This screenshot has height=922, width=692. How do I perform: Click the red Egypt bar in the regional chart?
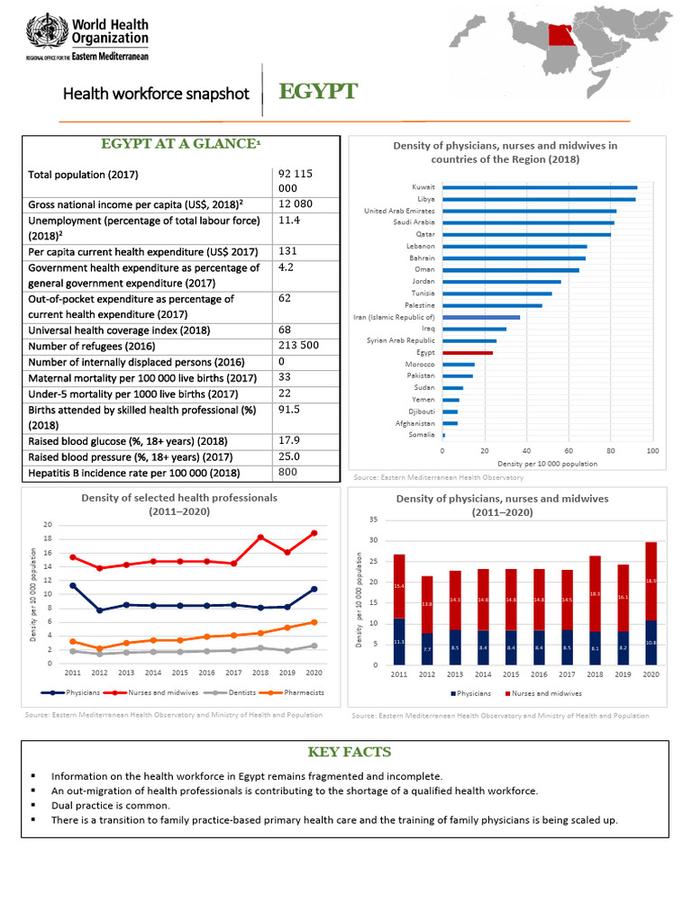coord(468,353)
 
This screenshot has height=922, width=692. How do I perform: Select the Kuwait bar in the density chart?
coord(540,187)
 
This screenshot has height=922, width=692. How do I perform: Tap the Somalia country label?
coord(422,435)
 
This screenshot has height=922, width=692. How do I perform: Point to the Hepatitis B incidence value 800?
coord(288,472)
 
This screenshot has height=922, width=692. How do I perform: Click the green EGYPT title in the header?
coord(318,93)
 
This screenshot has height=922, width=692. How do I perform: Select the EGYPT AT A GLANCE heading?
coord(180,142)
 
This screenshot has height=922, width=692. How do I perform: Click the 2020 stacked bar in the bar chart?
coord(651,603)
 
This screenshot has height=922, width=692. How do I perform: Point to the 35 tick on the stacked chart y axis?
coord(372,520)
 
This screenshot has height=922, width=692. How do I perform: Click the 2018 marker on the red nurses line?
coord(260,538)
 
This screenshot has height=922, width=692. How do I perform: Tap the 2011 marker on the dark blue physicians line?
coord(73,586)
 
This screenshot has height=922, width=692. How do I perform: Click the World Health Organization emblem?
coord(41,33)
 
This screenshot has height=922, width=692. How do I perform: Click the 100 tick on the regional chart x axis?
coord(652,450)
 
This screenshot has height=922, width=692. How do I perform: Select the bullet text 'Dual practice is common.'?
coord(111,806)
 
